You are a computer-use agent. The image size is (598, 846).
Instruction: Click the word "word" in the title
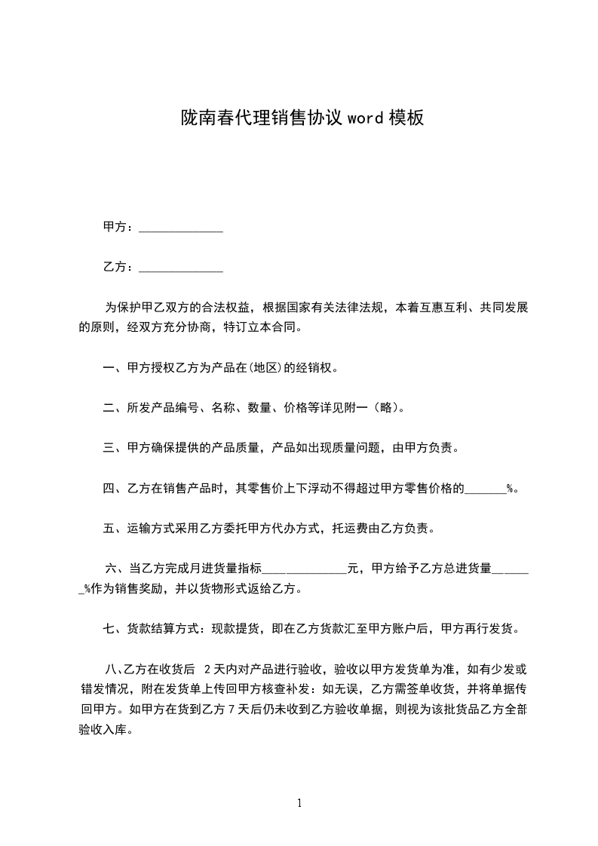point(366,118)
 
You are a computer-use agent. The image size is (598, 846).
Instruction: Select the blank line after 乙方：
point(182,268)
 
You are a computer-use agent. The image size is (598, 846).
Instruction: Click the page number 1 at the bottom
point(299,804)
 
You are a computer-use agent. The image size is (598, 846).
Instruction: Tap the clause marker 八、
point(115,669)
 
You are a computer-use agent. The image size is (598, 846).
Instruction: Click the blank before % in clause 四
point(486,491)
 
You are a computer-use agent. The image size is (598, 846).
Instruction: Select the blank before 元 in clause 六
point(305,572)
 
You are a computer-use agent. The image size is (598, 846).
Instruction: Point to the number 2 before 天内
point(207,669)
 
